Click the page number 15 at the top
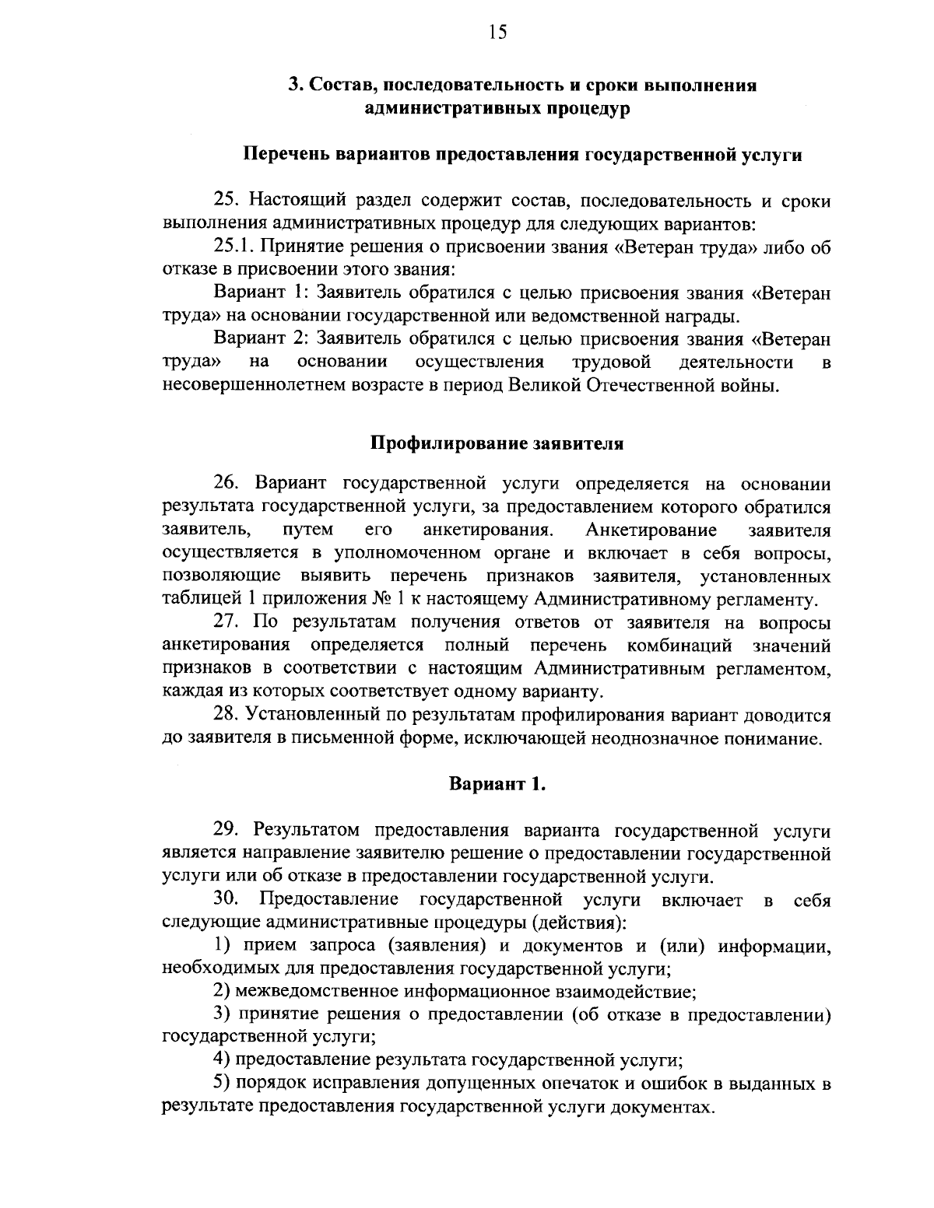497,32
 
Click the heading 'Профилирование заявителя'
497,444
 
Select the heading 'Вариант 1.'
497,785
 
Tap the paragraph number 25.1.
233,248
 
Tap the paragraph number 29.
227,831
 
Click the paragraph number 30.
227,900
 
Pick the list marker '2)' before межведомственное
222,993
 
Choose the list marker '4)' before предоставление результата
222,1060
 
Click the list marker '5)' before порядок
222,1084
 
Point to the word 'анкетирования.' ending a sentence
488,530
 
